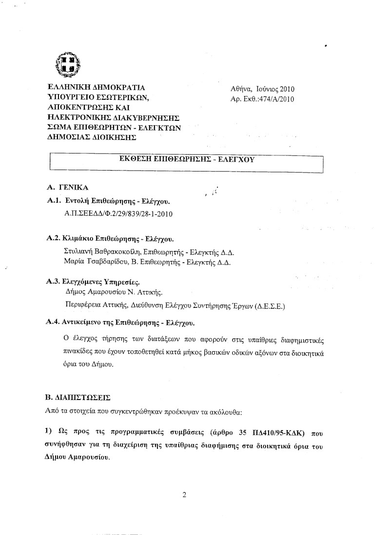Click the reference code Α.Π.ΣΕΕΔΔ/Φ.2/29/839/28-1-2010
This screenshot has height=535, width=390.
point(119,214)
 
